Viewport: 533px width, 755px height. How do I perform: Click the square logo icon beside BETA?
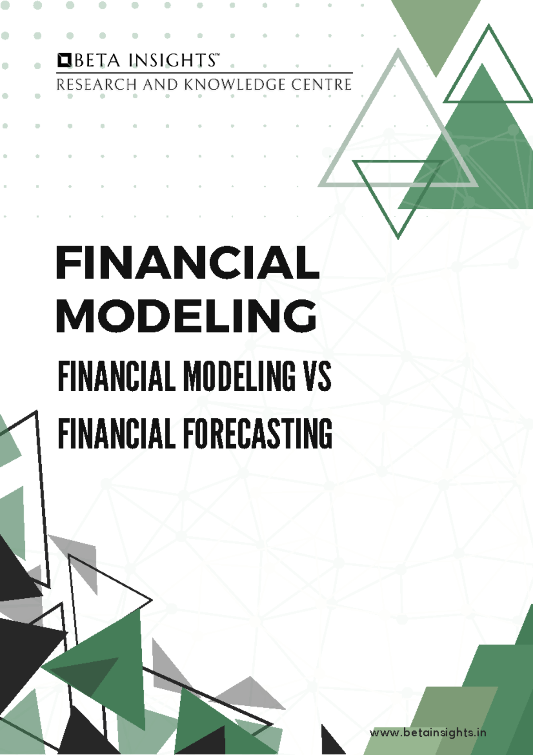click(x=64, y=60)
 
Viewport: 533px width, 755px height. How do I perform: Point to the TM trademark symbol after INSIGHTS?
click(x=217, y=56)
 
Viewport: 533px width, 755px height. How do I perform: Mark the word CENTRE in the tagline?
click(x=322, y=84)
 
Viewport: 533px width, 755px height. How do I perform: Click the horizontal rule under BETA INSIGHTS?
click(x=204, y=73)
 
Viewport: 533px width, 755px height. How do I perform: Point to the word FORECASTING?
click(x=258, y=433)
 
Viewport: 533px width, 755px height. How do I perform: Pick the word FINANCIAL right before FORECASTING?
click(x=116, y=433)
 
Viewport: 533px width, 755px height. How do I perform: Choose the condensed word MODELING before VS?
click(x=239, y=377)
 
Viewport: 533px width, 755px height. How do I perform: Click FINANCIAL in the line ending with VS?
click(x=116, y=377)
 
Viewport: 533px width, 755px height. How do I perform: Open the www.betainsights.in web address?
click(x=428, y=732)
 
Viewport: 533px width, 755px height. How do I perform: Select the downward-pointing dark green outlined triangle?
click(x=398, y=191)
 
